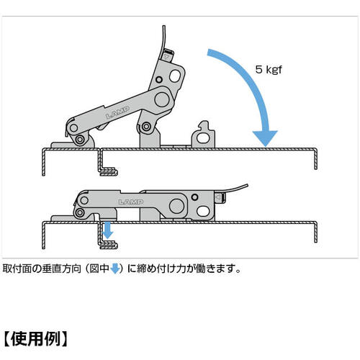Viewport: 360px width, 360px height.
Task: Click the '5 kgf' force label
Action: click(x=272, y=70)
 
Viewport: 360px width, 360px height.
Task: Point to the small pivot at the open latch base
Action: click(x=147, y=127)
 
